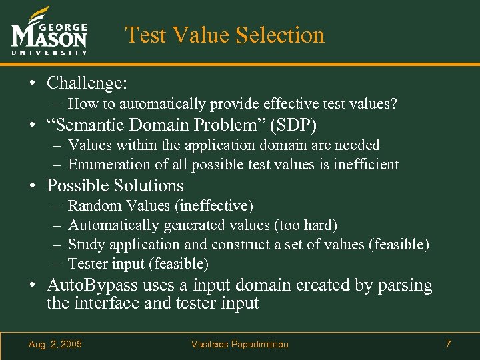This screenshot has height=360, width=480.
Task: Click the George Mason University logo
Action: tap(49, 31)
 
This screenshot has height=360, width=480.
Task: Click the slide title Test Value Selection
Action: tap(225, 35)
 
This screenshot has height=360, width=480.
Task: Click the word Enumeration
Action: tap(107, 164)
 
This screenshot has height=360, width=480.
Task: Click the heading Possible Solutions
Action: tap(115, 185)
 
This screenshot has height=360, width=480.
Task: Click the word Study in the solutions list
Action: tap(87, 245)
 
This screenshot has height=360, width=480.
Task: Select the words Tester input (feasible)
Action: tap(139, 264)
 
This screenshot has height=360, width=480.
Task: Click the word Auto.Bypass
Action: tap(91, 285)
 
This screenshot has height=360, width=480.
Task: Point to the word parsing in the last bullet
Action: tap(406, 285)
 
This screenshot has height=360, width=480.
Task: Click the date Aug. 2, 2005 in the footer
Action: tap(55, 344)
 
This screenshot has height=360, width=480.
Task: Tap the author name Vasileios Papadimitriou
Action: tap(240, 344)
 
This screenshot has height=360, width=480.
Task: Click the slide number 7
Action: tap(448, 344)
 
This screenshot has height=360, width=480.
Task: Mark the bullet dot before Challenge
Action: tap(32, 84)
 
